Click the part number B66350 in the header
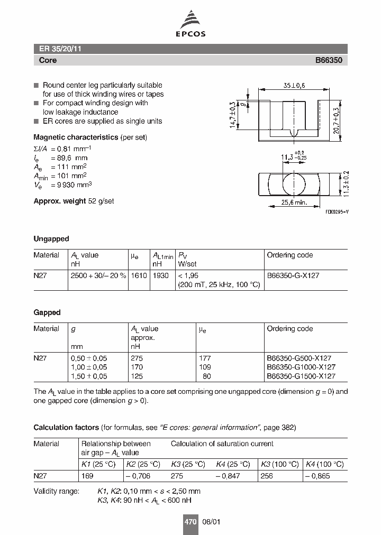pyautogui.click(x=329, y=60)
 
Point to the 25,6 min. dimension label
pyautogui.click(x=293, y=202)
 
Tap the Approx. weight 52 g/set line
pyautogui.click(x=74, y=201)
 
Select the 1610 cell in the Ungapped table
pyautogui.click(x=139, y=275)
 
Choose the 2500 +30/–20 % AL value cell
pyautogui.click(x=98, y=275)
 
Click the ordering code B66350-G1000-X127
pyautogui.click(x=301, y=367)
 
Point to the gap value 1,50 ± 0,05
pyautogui.click(x=89, y=376)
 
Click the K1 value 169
pyautogui.click(x=87, y=476)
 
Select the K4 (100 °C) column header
pyautogui.click(x=324, y=464)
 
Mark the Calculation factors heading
pyautogui.click(x=66, y=427)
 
